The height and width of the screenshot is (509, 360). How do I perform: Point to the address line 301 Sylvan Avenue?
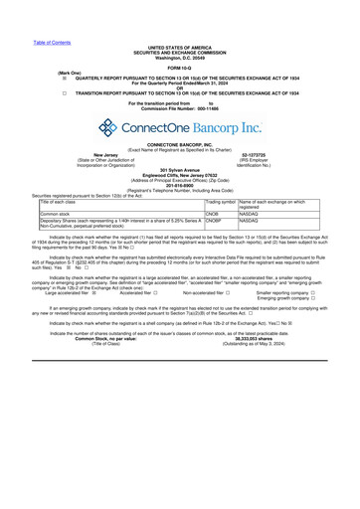[180, 170]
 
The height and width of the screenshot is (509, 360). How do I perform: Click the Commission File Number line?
[180, 107]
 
